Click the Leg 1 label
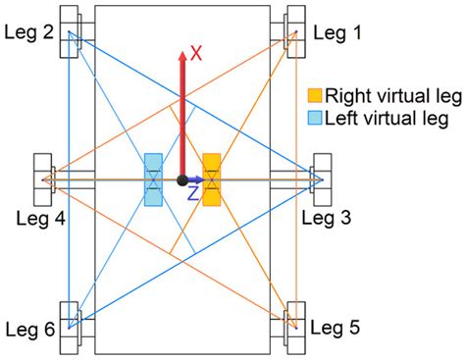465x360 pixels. pos(338,32)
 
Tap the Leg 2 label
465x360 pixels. pos(28,32)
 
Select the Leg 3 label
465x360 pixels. pos(326,218)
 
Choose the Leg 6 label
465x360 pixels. pos(28,331)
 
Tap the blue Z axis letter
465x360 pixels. pos(193,196)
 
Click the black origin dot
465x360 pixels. pos(182,180)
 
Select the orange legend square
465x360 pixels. pos(315,95)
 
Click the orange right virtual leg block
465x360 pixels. pos(211,180)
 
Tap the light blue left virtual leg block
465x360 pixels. pos(153,180)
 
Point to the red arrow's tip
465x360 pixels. pos(182,47)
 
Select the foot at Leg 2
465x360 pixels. pos(72,34)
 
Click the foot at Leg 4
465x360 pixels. pos(46,180)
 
